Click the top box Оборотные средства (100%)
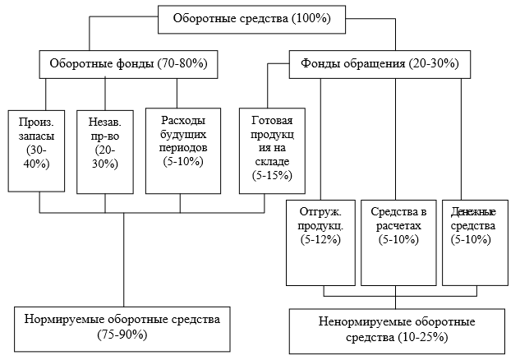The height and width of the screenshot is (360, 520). (x=251, y=19)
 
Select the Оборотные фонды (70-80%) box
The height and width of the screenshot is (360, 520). (x=128, y=64)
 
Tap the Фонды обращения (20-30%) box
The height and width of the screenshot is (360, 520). (x=380, y=64)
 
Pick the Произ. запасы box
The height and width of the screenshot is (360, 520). (x=36, y=151)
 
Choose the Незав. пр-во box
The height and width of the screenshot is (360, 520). (x=105, y=152)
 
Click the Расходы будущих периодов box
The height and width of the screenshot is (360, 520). (x=183, y=150)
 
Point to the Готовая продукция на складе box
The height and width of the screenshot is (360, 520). (x=272, y=150)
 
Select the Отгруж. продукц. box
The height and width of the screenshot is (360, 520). (x=320, y=242)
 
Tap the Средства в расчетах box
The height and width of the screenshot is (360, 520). (x=398, y=242)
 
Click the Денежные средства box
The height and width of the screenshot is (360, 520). (x=476, y=242)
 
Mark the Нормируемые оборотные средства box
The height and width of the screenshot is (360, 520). (x=122, y=329)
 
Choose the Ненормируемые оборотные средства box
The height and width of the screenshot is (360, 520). (x=397, y=331)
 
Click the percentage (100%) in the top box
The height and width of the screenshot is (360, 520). (x=311, y=18)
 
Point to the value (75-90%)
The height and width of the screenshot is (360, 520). (x=122, y=335)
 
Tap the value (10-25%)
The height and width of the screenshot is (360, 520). (x=423, y=338)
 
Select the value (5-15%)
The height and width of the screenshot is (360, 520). (x=272, y=175)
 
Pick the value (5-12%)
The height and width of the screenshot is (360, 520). (x=320, y=239)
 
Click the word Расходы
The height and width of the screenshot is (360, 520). (x=183, y=120)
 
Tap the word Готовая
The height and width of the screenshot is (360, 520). (x=272, y=120)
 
